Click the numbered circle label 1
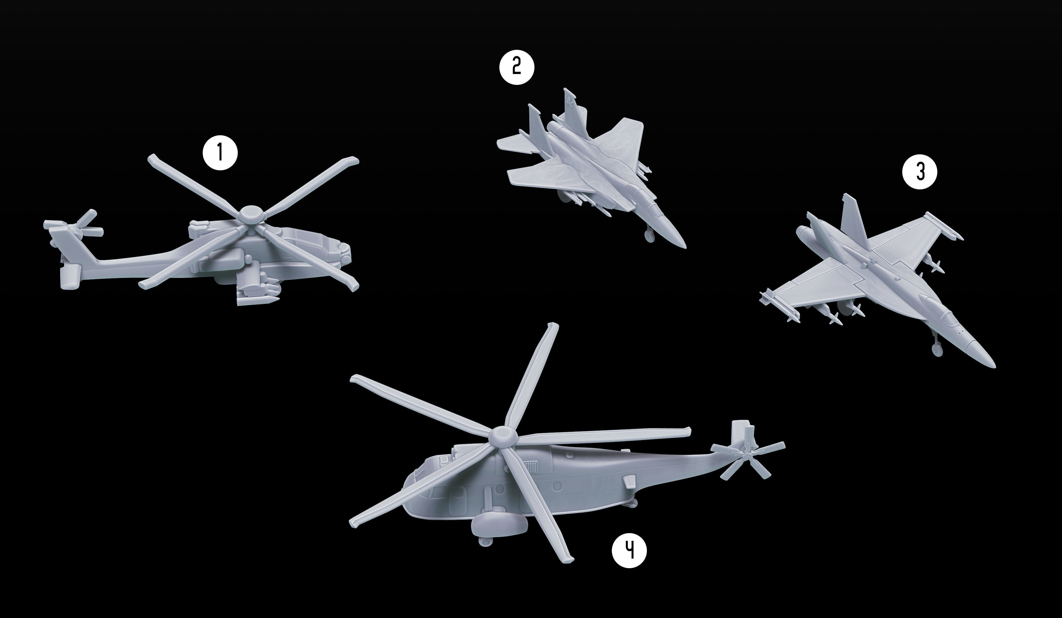point(220,153)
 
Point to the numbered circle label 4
point(629,550)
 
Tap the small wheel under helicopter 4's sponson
point(485,541)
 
